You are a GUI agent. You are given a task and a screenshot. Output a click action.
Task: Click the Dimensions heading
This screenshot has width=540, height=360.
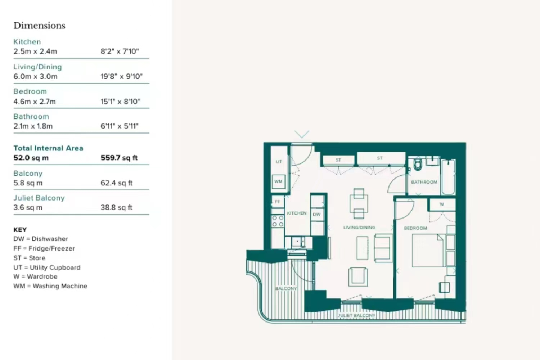point(39,26)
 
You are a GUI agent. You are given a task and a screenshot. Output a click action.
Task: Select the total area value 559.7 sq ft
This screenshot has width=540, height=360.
point(119,158)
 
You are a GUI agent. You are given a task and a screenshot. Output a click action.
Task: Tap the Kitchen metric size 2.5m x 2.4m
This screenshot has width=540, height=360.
point(35,51)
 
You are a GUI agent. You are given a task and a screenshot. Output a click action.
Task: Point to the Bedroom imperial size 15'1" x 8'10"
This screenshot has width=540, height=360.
point(120,101)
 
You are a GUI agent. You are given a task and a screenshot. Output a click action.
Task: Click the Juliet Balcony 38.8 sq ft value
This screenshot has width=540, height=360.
point(116,207)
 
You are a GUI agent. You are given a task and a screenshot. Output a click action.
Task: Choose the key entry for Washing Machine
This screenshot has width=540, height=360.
point(50,286)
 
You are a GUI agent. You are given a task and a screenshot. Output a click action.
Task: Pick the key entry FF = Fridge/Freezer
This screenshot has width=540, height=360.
point(44,248)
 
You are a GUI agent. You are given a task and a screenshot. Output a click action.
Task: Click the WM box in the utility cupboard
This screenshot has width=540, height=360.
point(278,181)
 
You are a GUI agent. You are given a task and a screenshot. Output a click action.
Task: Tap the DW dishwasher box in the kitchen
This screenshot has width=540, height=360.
point(317,214)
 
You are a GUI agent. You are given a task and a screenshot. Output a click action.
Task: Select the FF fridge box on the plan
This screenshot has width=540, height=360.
point(277,202)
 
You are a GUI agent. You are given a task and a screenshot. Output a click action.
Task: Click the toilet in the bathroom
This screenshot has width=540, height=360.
point(418,164)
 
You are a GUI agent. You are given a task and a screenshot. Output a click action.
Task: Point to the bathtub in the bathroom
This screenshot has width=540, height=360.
point(448,177)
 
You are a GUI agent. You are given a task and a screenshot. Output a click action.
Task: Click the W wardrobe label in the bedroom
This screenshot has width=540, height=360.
point(442,204)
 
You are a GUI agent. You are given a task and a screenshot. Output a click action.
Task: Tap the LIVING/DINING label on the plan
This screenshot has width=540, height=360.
point(359,228)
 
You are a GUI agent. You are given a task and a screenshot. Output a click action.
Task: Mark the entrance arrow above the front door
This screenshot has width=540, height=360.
point(302,134)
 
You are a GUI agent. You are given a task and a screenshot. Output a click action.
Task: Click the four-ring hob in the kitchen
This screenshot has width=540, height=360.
point(278,221)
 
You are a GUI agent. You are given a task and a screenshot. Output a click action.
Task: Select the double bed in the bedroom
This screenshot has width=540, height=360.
point(428,251)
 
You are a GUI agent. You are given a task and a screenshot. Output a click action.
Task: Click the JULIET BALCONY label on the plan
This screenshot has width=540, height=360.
point(356,315)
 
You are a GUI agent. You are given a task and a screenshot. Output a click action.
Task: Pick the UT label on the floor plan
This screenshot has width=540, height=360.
point(279,162)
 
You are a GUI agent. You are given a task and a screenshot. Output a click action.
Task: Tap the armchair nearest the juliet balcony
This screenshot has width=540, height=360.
point(358,277)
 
